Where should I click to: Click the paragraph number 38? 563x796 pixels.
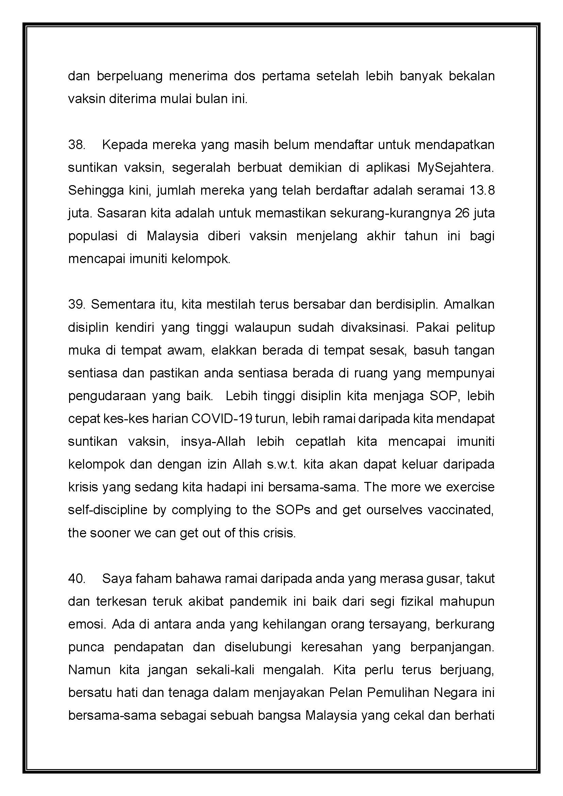[x=77, y=145]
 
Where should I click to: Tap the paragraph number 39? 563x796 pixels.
[x=77, y=304]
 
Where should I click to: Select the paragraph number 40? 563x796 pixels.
[x=77, y=578]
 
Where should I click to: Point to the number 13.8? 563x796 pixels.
[x=482, y=190]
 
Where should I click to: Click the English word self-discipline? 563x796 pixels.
[x=108, y=510]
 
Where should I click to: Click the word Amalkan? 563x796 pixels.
[x=469, y=304]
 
